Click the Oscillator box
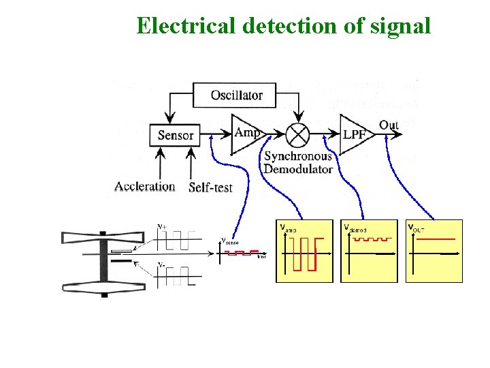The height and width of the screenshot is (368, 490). tap(236, 95)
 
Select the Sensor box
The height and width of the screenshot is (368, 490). tap(176, 135)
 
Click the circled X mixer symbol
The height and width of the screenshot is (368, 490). tap(297, 134)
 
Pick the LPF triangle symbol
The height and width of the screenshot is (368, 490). tap(355, 134)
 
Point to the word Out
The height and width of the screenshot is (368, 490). tap(389, 125)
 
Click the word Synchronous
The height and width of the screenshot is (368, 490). tap(298, 156)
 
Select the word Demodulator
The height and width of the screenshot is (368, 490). tap(298, 168)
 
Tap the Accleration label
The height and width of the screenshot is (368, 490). tap(145, 186)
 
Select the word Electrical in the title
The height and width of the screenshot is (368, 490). tap(185, 25)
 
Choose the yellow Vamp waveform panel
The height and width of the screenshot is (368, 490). tap(304, 251)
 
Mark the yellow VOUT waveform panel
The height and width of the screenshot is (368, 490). tap(434, 251)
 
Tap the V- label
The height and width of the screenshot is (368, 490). tap(163, 264)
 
